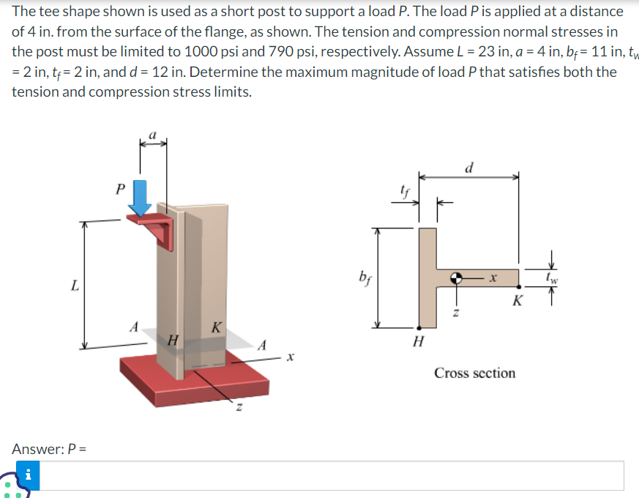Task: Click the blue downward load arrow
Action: [x=140, y=198]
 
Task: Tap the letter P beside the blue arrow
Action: [x=120, y=189]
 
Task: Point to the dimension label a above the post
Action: [x=152, y=135]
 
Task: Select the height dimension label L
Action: [x=75, y=285]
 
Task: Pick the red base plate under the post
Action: [x=195, y=380]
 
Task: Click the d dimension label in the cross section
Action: [x=469, y=168]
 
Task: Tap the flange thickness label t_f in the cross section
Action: [x=405, y=191]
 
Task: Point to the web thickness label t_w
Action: [x=552, y=278]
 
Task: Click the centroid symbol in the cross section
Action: [x=456, y=278]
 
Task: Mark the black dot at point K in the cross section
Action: [x=518, y=287]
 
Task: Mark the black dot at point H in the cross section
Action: [x=419, y=327]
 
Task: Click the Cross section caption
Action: [x=475, y=373]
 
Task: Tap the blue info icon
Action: [x=28, y=475]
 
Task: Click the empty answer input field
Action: [x=332, y=475]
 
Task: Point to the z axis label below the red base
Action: [x=239, y=407]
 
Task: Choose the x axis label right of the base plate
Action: [x=290, y=357]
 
